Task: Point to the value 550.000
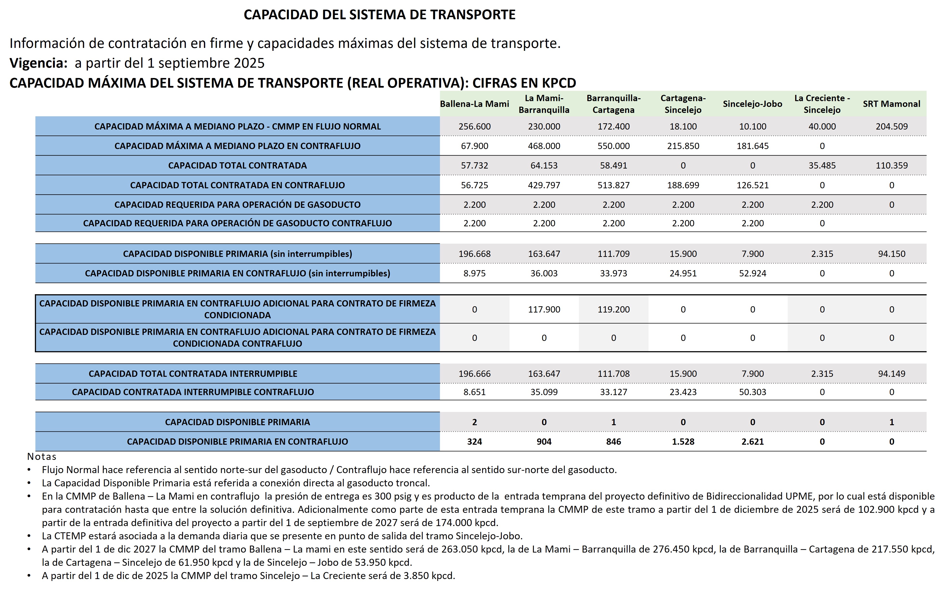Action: [613, 146]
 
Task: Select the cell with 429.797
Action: [544, 185]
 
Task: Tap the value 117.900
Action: [544, 309]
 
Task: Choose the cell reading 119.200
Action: [613, 309]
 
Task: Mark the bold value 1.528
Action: [683, 442]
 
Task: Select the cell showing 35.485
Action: [822, 166]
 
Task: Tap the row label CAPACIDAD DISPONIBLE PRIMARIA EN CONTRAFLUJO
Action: [237, 442]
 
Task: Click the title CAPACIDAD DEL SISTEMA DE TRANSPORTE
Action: [380, 14]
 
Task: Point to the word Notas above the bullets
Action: [41, 456]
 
